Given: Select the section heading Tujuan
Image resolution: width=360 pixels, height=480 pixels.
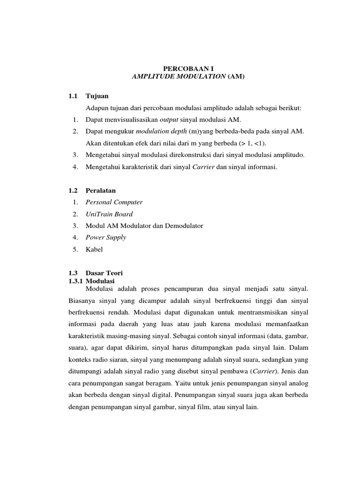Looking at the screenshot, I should (x=97, y=96).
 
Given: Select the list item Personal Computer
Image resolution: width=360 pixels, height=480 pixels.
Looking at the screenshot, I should (x=114, y=202).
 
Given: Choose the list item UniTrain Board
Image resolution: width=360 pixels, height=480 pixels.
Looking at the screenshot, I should (x=109, y=214).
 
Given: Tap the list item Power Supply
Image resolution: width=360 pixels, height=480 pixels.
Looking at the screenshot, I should (x=105, y=237).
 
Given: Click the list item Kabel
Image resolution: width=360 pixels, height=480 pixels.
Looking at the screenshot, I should (x=94, y=249).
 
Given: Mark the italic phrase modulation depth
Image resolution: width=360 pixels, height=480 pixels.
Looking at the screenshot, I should (x=162, y=132).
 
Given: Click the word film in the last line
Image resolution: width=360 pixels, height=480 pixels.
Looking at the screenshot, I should (x=207, y=407).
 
